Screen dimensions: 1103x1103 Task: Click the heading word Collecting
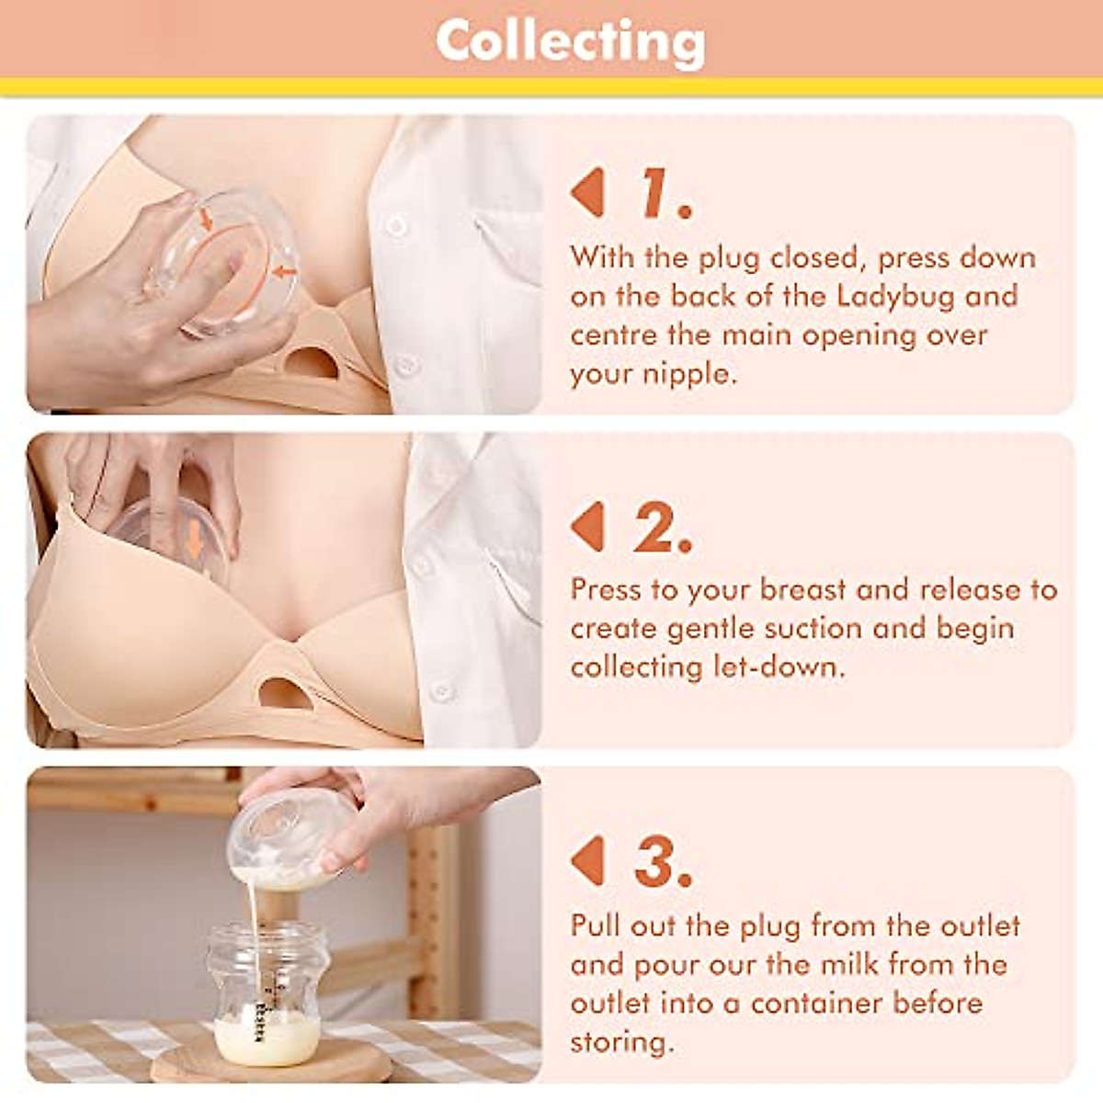click(570, 41)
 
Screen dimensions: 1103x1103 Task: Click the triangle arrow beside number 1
click(588, 193)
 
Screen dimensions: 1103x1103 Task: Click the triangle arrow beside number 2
click(588, 528)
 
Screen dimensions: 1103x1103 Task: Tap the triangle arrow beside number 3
click(588, 862)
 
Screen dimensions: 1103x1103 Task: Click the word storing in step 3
click(621, 1042)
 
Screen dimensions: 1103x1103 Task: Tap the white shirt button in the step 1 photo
click(397, 225)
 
